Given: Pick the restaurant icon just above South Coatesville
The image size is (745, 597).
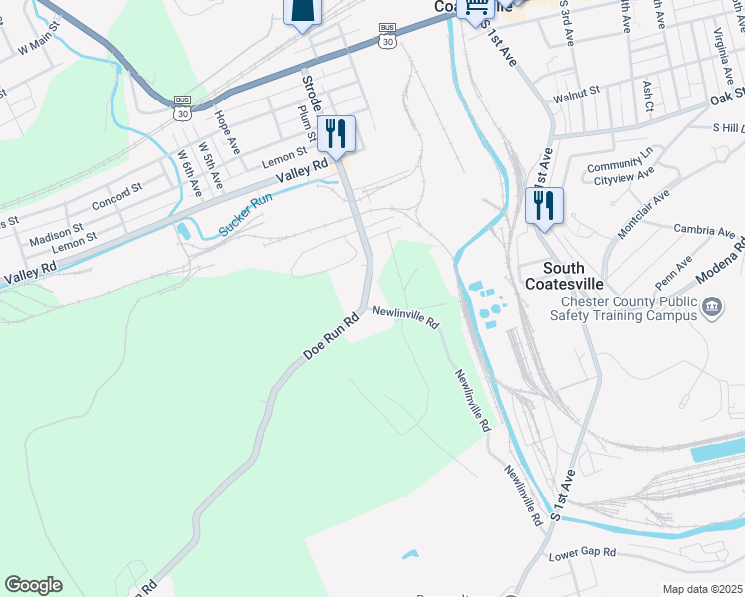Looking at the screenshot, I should (x=544, y=205).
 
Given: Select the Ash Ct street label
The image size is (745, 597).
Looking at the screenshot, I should (x=648, y=95).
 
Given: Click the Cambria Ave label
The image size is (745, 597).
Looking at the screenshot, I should (x=704, y=232).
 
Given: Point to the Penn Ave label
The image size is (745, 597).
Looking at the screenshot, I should (x=674, y=268).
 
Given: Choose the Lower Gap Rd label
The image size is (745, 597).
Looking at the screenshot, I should (x=583, y=552).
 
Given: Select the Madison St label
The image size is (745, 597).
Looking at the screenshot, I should (x=54, y=238).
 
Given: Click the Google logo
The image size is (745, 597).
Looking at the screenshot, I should (x=34, y=585).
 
